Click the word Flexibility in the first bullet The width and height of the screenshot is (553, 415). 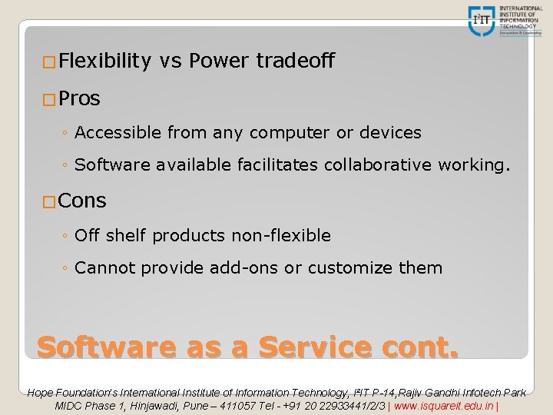tap(103, 61)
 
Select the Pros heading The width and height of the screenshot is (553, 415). tap(79, 99)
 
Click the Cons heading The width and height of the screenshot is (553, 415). tap(82, 201)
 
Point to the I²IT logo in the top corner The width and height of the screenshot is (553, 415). tap(482, 20)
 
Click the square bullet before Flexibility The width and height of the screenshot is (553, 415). tap(49, 62)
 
